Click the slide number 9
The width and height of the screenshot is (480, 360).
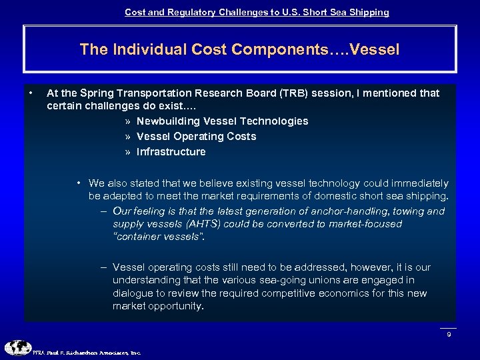[449, 334]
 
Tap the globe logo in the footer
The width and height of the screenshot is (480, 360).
[18, 348]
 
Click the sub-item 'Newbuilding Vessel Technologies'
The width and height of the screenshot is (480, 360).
[222, 121]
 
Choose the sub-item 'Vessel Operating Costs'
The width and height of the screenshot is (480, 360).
[196, 136]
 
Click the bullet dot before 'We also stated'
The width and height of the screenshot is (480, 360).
[79, 183]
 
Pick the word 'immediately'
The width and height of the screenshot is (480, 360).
[418, 183]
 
